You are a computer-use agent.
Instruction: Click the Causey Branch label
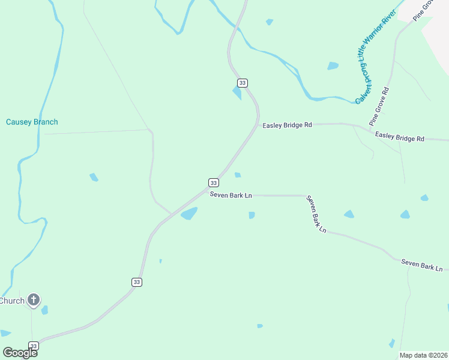[x=32, y=122]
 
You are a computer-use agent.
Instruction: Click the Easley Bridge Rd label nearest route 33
[x=288, y=125]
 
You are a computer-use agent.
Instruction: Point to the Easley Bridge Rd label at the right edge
[x=400, y=137]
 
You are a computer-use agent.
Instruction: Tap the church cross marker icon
[x=34, y=300]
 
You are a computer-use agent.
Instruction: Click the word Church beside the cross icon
[x=12, y=301]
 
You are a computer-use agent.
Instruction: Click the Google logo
[x=19, y=352]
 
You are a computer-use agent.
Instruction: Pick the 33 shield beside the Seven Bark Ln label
[x=214, y=182]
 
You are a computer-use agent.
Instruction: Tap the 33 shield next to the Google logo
[x=34, y=346]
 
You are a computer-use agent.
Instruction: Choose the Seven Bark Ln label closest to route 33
[x=231, y=196]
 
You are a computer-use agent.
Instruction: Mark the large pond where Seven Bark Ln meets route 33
[x=189, y=214]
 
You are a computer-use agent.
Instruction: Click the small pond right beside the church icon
[x=45, y=310]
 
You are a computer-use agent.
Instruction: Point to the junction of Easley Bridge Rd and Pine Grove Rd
[x=370, y=127]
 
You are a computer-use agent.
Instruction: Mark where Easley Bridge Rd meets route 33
[x=258, y=124]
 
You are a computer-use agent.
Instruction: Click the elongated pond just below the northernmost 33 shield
[x=237, y=93]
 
